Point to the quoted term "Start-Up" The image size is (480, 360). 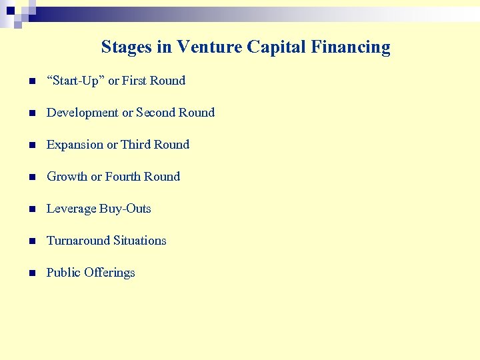(75, 81)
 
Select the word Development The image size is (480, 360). (82, 113)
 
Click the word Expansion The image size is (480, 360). (75, 145)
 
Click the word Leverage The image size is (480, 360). (71, 209)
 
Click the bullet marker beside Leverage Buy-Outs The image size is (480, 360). (31, 209)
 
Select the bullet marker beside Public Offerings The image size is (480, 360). (31, 273)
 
